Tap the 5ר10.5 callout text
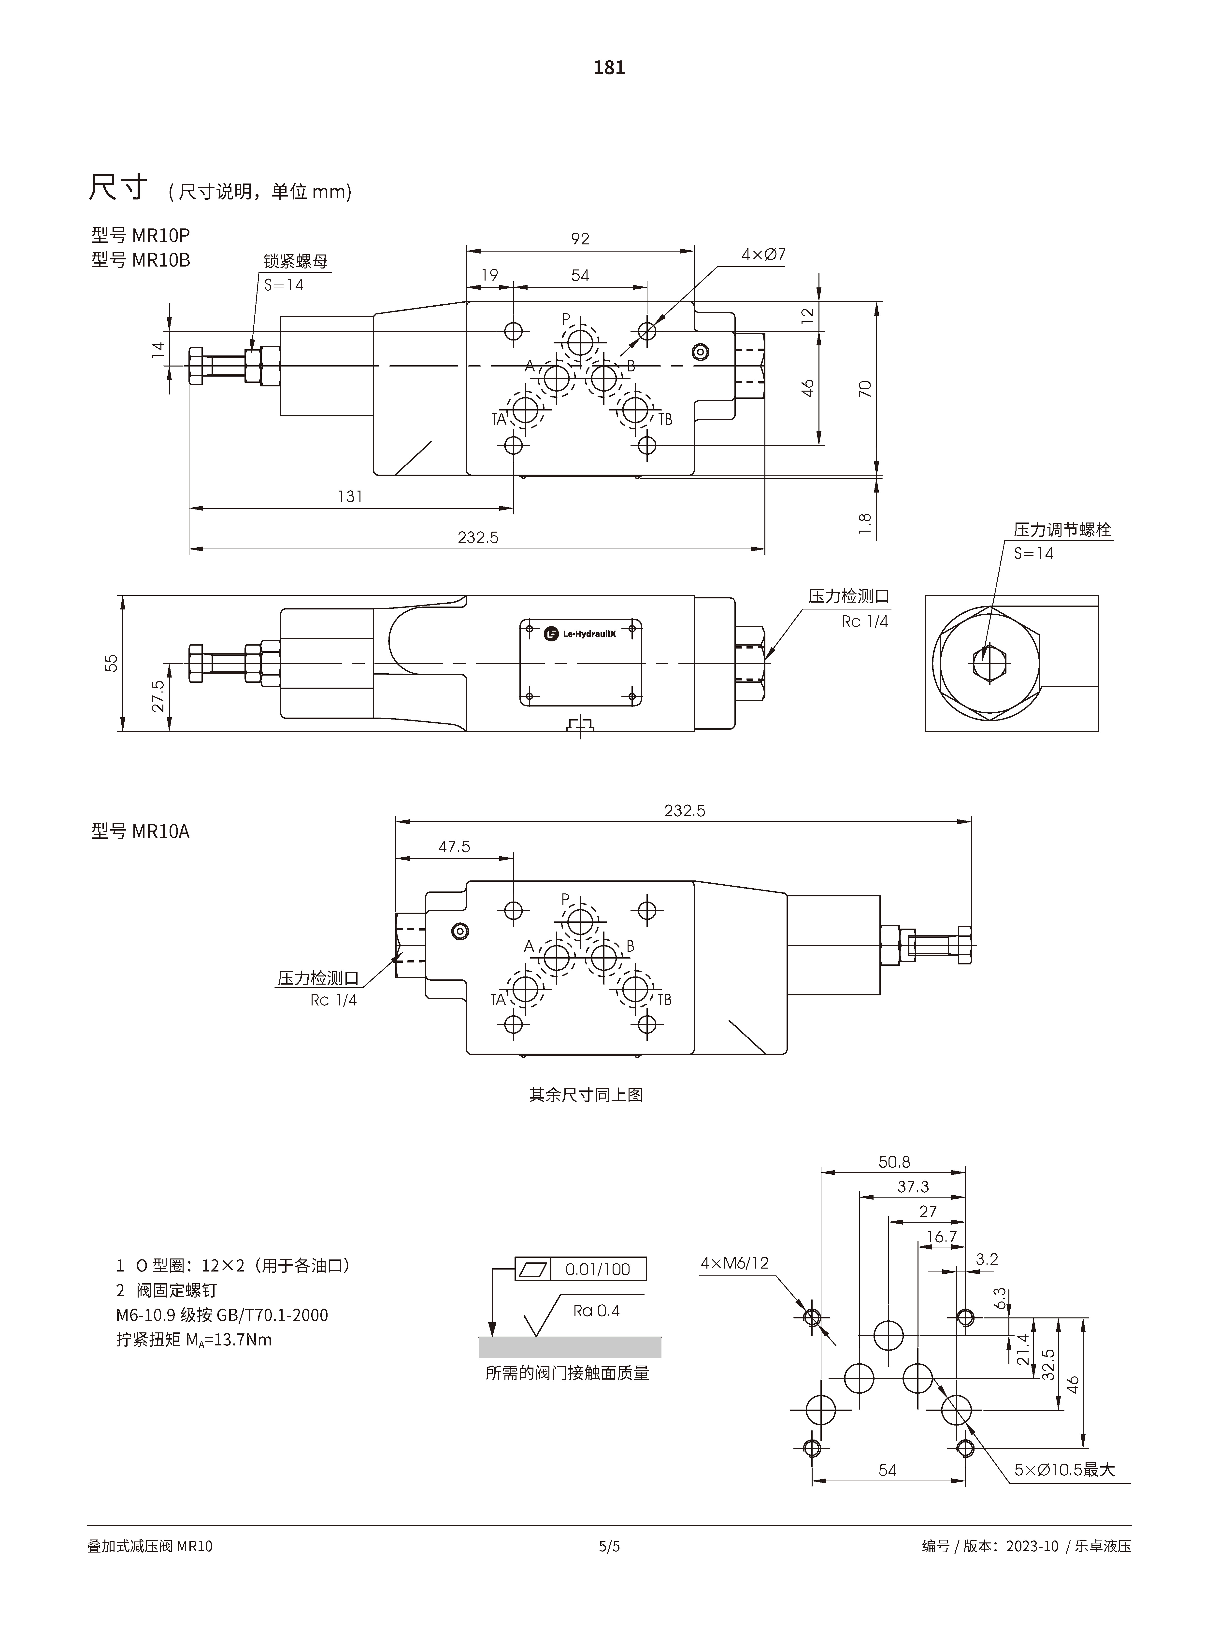1064,1470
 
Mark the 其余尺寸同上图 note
586,1095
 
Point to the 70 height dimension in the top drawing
865,389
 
